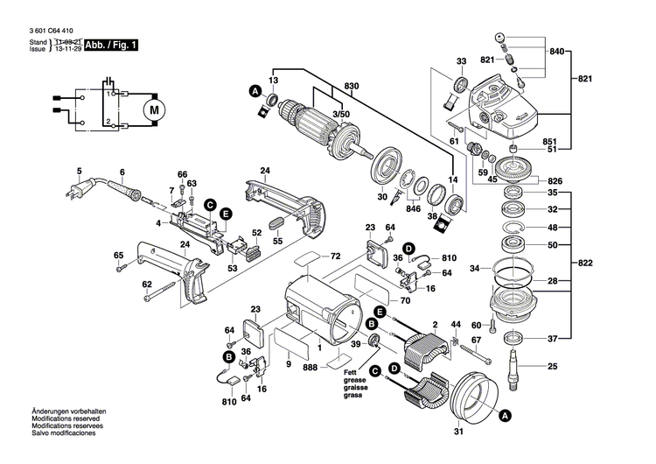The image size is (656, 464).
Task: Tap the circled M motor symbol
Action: (154, 109)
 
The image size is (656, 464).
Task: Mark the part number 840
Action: (557, 53)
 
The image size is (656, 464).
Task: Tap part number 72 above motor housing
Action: (335, 257)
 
